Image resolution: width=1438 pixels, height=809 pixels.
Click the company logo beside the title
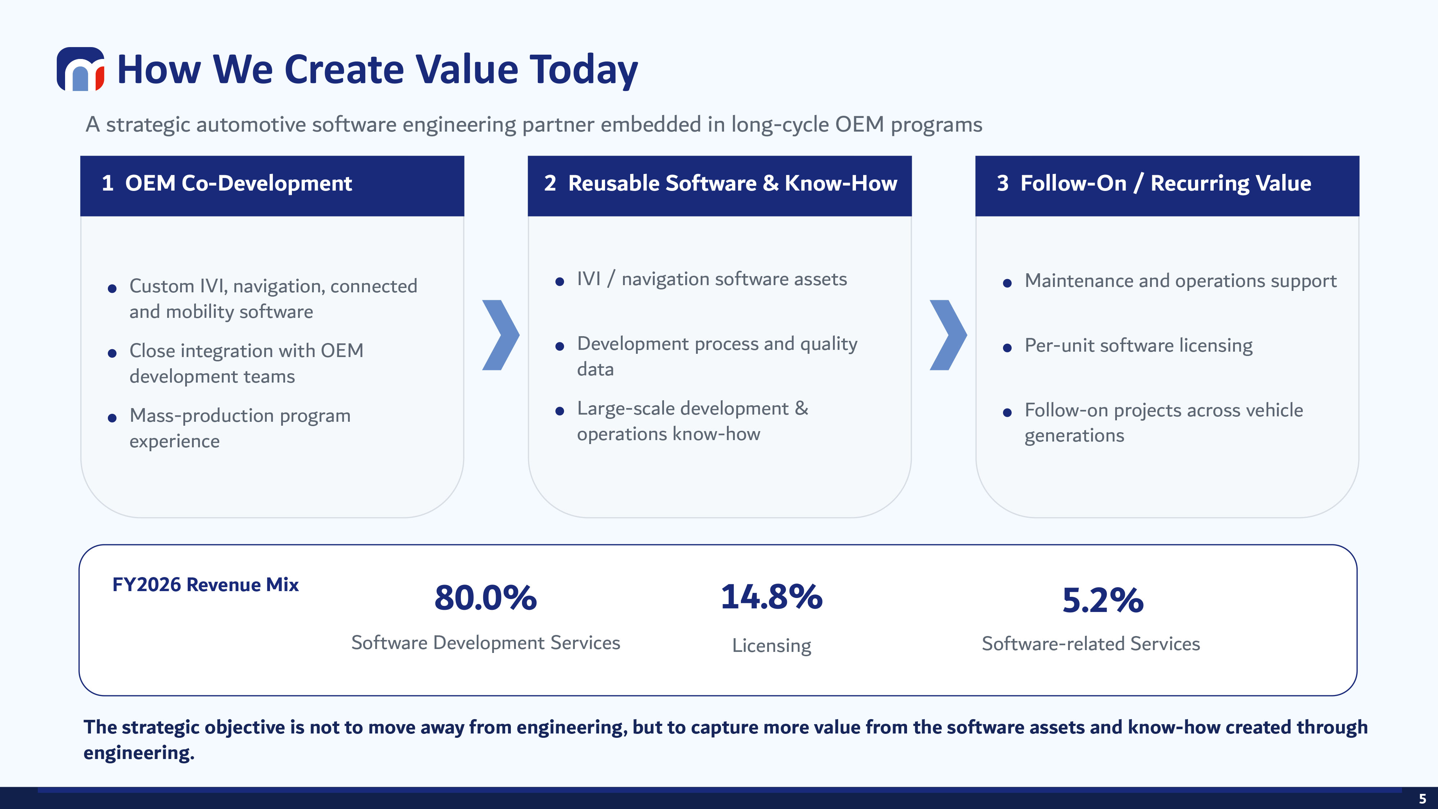[x=81, y=69]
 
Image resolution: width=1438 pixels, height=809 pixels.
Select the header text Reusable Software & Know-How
[x=732, y=183]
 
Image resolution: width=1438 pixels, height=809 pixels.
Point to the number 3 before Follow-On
[x=1003, y=183]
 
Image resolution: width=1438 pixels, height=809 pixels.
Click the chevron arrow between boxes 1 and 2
[x=501, y=335]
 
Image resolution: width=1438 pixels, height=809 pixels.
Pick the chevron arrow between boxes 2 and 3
[x=948, y=335]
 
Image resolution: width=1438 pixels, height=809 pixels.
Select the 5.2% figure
[x=1103, y=600]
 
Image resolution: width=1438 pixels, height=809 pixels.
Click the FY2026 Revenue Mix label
[x=205, y=585]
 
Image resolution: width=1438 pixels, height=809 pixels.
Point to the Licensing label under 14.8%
[x=771, y=645]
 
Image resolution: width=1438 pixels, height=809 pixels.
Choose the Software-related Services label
[x=1091, y=644]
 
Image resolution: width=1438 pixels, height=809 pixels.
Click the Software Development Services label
[x=486, y=643]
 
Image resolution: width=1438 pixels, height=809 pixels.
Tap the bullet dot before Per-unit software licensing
[x=1007, y=348]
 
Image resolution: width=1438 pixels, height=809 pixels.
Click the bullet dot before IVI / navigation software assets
[x=559, y=282]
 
